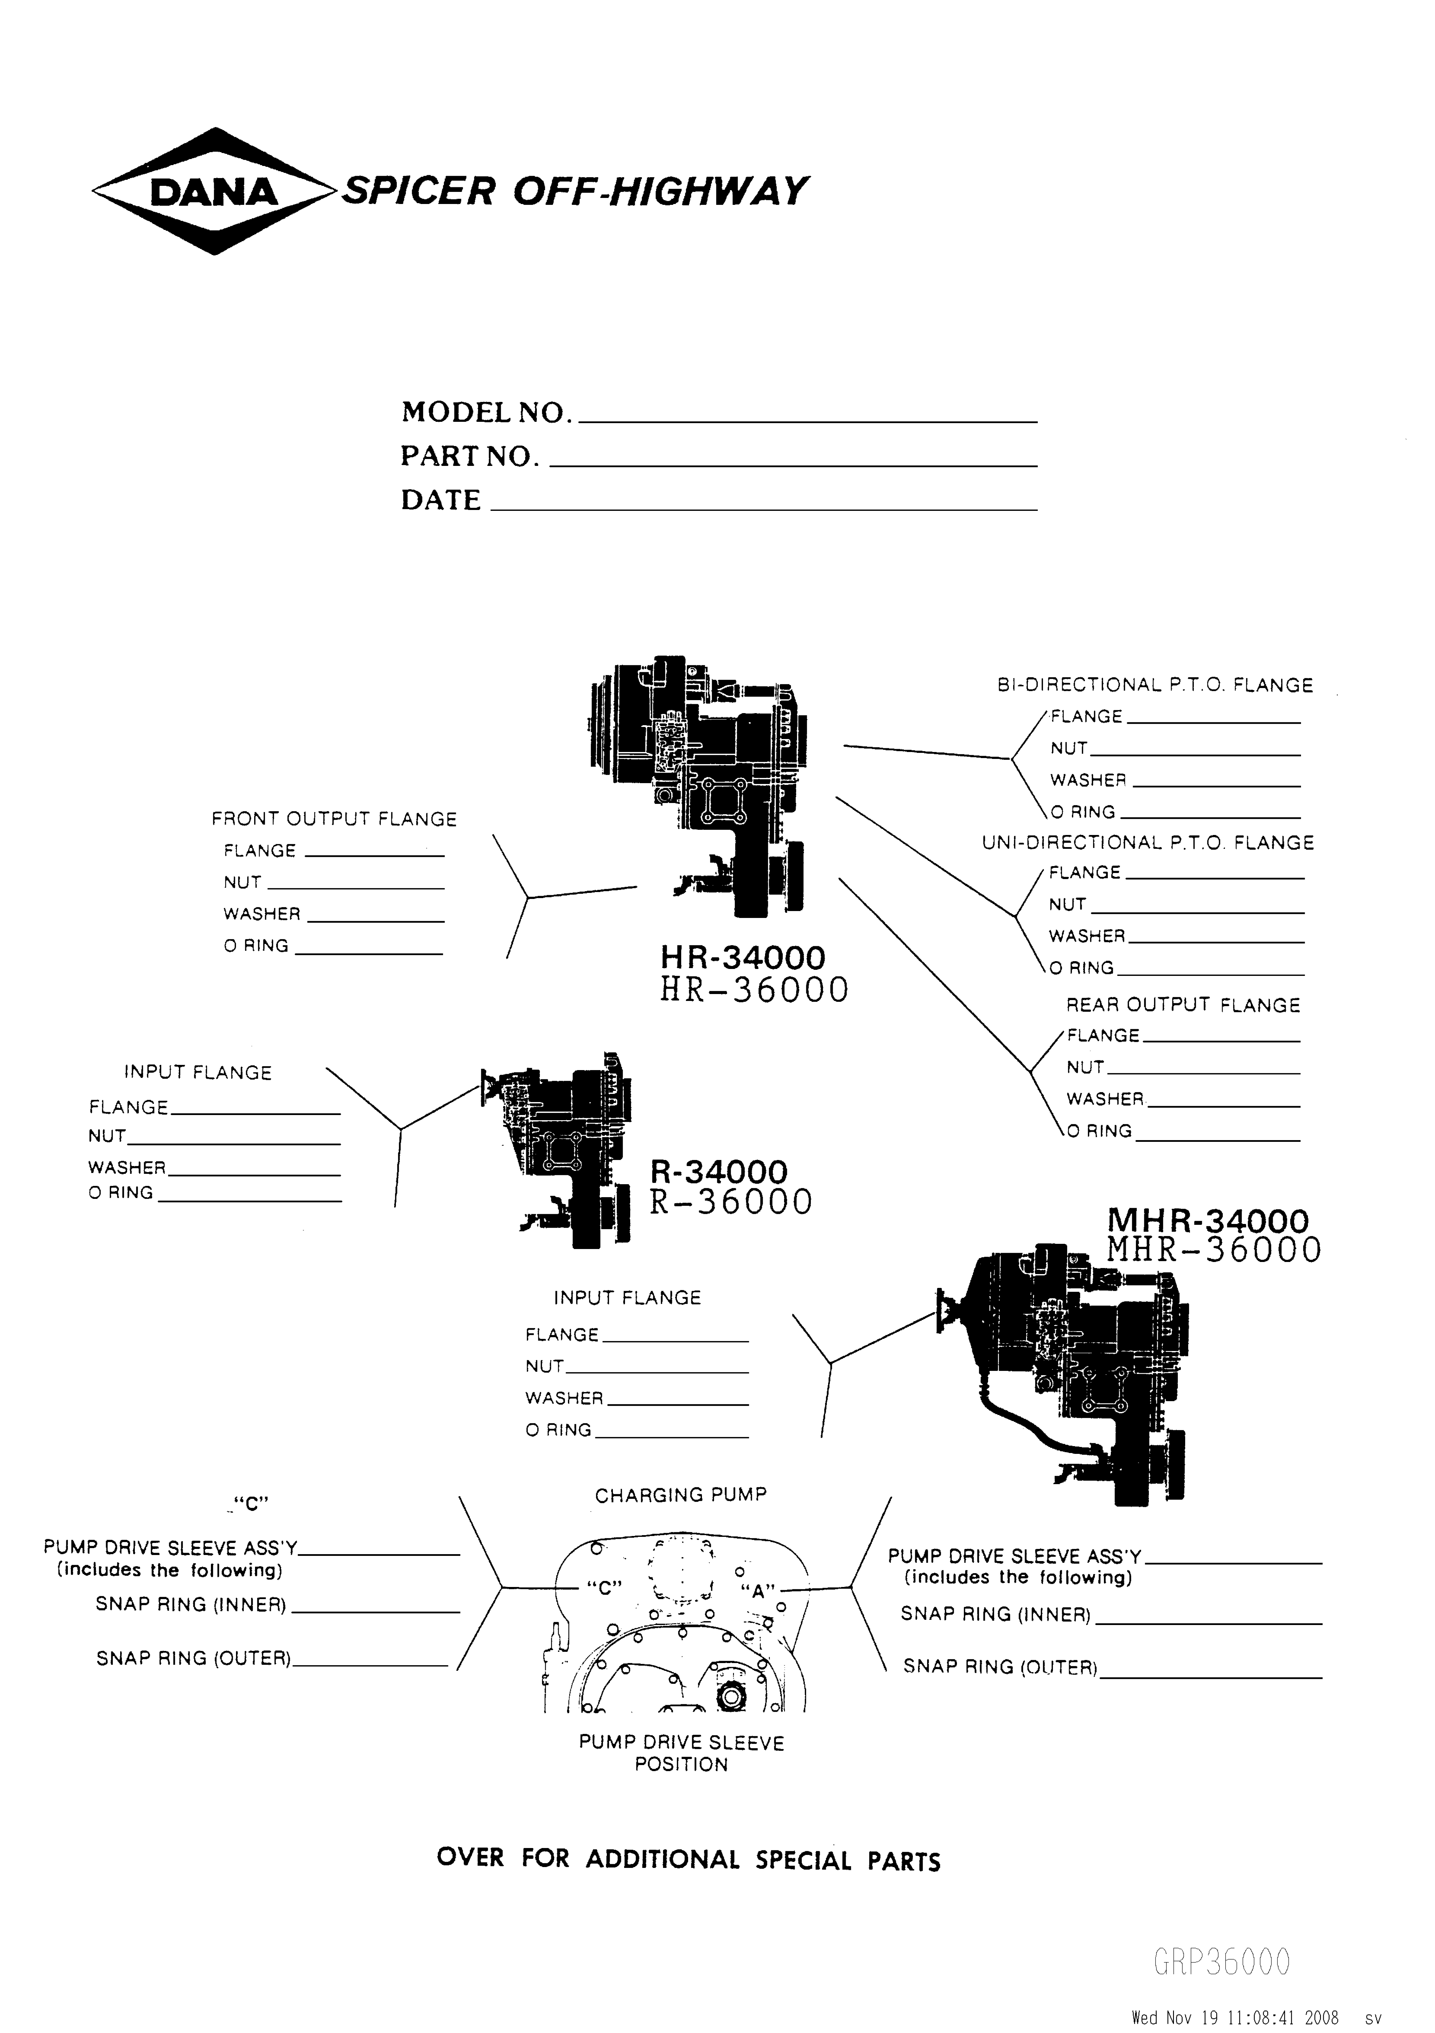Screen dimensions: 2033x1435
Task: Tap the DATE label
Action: click(x=440, y=500)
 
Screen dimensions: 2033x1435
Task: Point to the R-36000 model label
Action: click(x=731, y=1202)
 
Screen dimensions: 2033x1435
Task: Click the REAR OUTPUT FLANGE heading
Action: click(x=1183, y=1005)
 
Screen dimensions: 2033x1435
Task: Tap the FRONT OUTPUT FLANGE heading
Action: click(x=334, y=819)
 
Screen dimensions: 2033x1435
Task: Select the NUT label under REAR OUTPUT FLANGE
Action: click(x=1085, y=1067)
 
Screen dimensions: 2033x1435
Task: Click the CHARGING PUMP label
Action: click(x=680, y=1496)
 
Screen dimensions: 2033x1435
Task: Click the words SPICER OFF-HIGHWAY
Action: click(x=574, y=191)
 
